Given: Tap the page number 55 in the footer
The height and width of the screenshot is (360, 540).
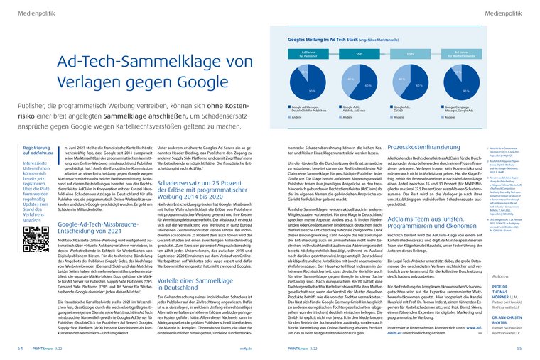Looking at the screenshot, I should click(x=519, y=349).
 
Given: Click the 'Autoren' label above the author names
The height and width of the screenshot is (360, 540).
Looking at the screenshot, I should click(x=500, y=274).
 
